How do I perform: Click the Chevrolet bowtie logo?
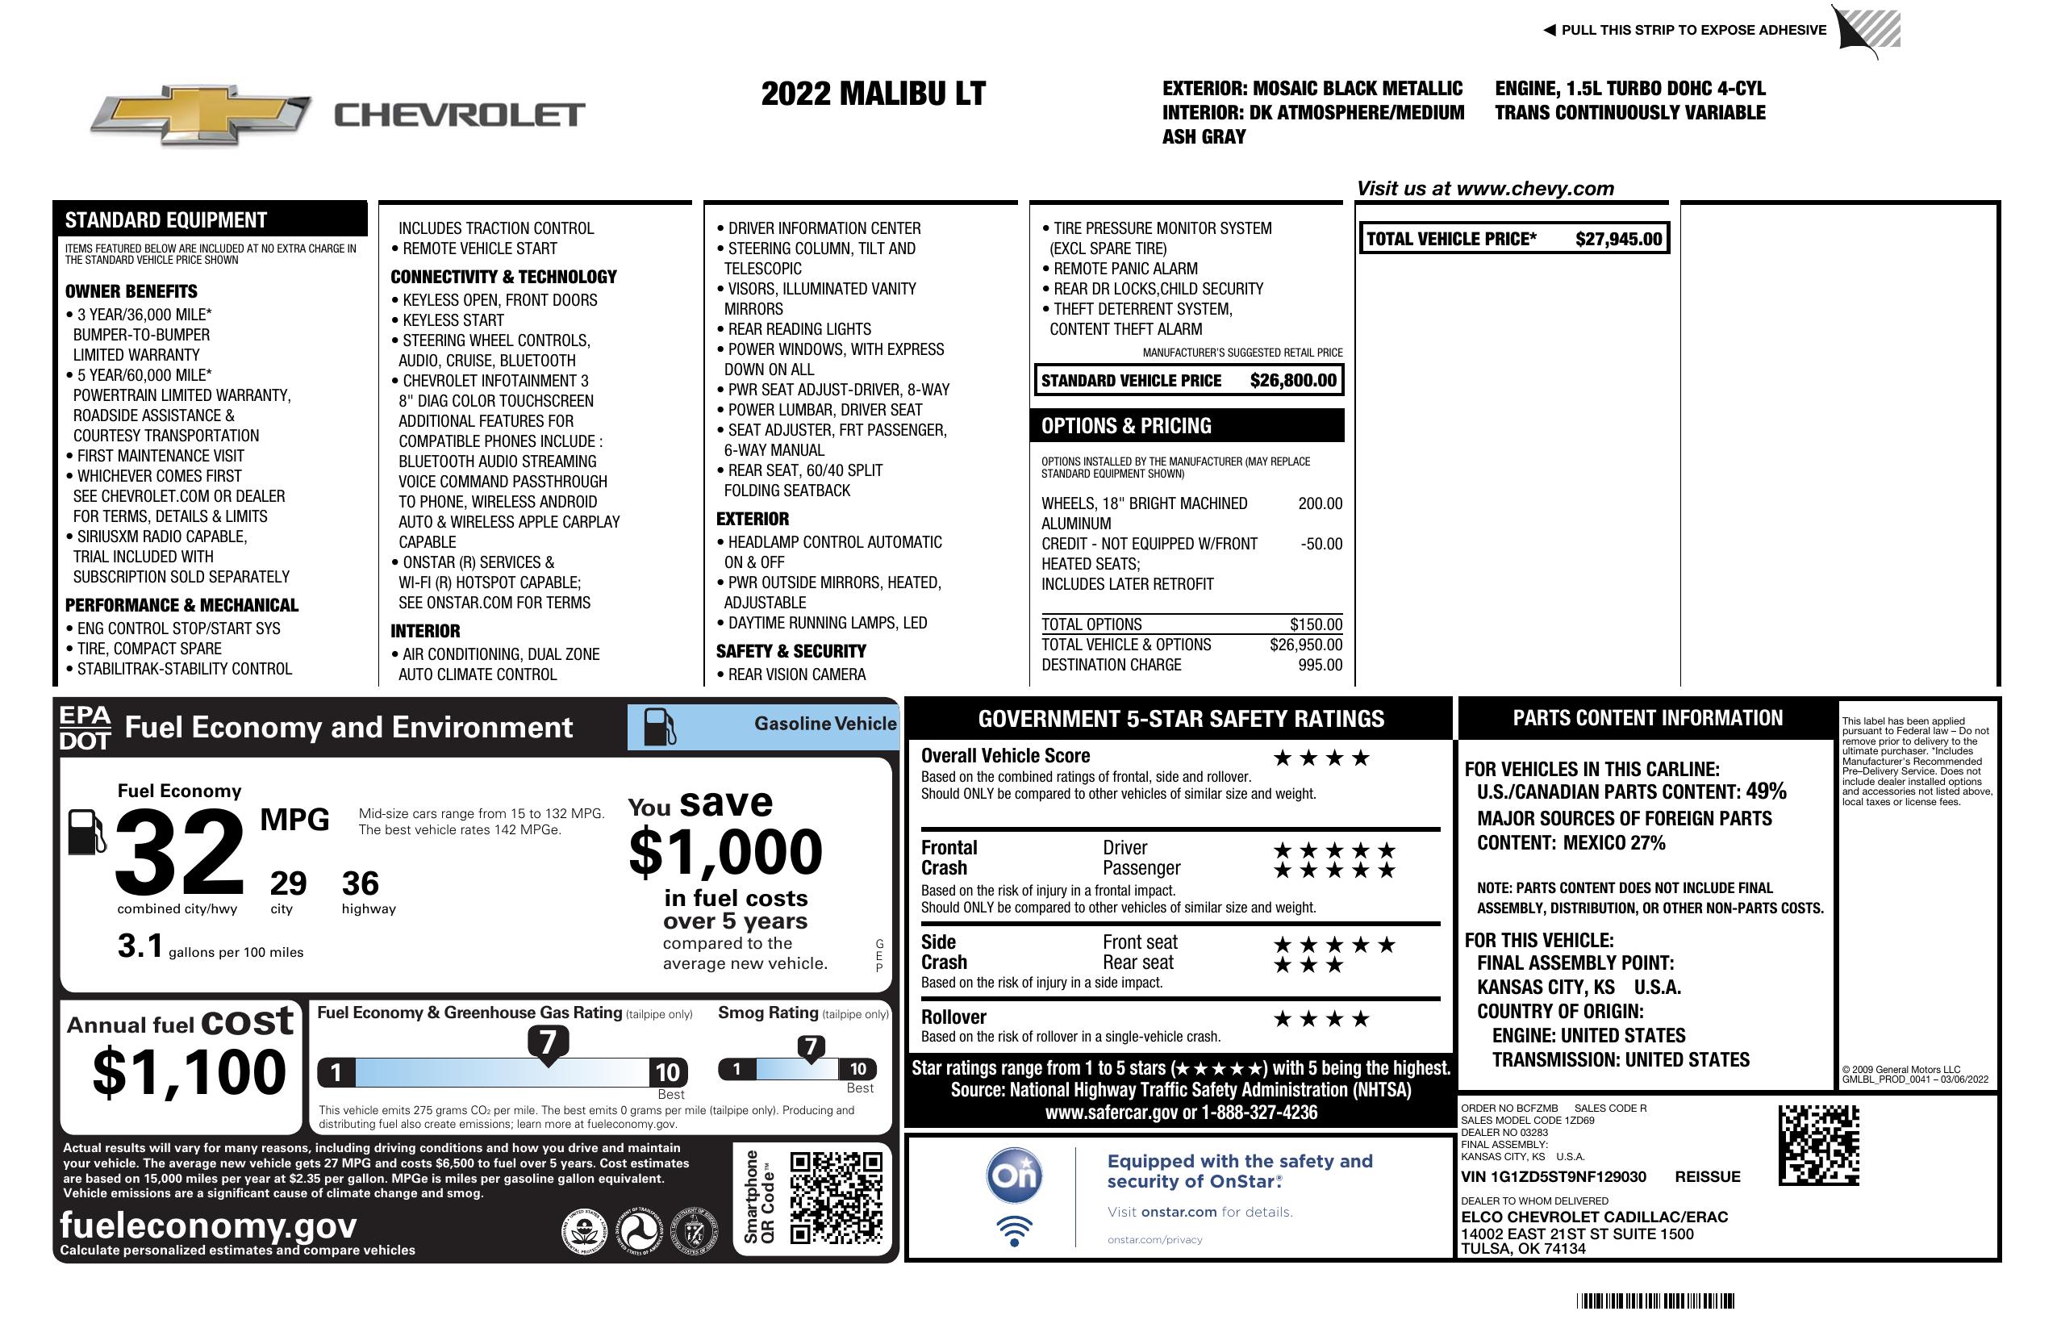(x=201, y=114)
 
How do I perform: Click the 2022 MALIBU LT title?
(x=873, y=94)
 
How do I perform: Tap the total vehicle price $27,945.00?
(x=1618, y=240)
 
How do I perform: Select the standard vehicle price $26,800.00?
(x=1293, y=380)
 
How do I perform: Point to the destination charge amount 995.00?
(x=1320, y=666)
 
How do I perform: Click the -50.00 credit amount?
(x=1321, y=545)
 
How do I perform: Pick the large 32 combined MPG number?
(x=180, y=852)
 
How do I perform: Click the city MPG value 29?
(x=288, y=883)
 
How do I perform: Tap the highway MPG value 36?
(x=361, y=883)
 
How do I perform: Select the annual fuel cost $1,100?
(x=189, y=1072)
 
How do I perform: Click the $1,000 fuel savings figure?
(x=726, y=852)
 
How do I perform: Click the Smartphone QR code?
(x=836, y=1197)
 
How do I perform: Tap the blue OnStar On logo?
(x=1014, y=1175)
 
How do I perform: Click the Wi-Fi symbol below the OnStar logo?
(x=1014, y=1231)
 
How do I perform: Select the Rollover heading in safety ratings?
(x=953, y=1017)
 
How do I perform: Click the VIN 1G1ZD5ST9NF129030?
(x=1553, y=1177)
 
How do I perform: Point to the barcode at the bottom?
(x=1655, y=1301)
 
